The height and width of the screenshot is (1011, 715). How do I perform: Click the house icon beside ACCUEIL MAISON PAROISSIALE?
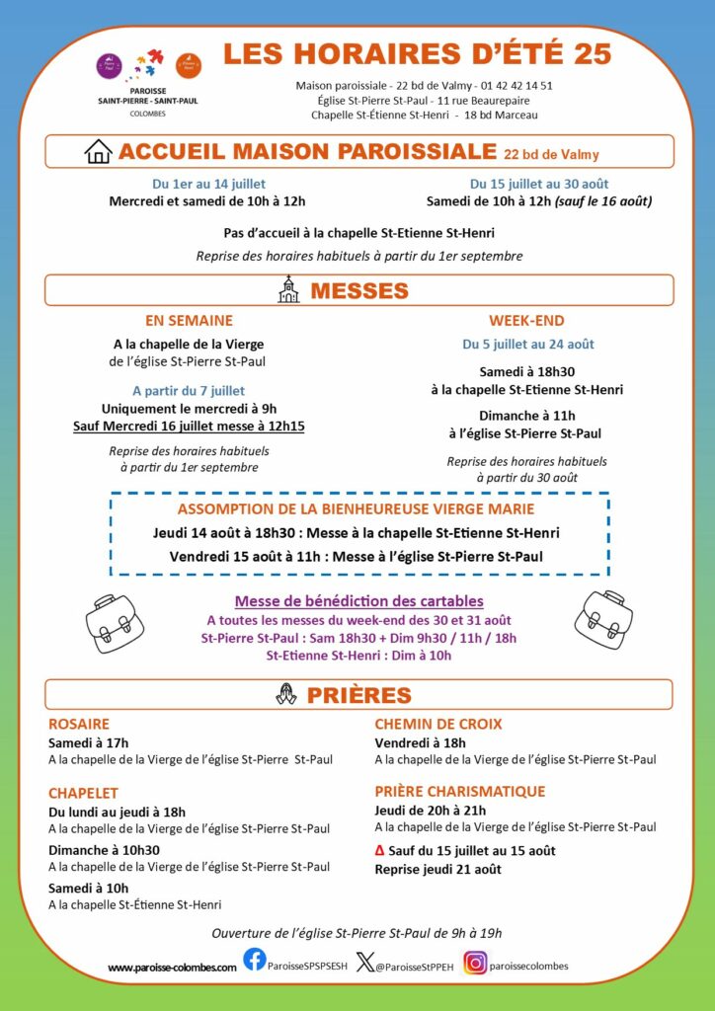coord(99,151)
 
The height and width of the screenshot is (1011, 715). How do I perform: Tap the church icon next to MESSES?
coord(288,289)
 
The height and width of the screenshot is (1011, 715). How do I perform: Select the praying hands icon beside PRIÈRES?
coord(286,694)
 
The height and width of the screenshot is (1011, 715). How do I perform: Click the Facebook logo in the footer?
coord(255,960)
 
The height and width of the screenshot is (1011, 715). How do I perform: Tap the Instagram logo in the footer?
coord(476,963)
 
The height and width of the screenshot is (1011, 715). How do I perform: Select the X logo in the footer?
coord(364,963)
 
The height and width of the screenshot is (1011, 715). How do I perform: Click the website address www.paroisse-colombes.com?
coord(172,967)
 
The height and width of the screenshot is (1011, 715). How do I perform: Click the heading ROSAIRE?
coord(79,724)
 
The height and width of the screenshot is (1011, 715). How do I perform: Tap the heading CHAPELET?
coord(83,793)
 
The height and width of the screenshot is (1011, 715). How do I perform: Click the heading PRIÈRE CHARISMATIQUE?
coord(459,791)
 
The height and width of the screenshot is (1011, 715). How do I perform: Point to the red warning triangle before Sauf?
coord(380,851)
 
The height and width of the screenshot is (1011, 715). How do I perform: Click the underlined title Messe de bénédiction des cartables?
coord(358,600)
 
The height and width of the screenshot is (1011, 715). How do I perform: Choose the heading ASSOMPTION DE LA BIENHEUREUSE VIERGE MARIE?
coord(356,509)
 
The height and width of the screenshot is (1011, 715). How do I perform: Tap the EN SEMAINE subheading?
coord(189,320)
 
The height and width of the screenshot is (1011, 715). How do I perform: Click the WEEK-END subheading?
coord(526,320)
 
